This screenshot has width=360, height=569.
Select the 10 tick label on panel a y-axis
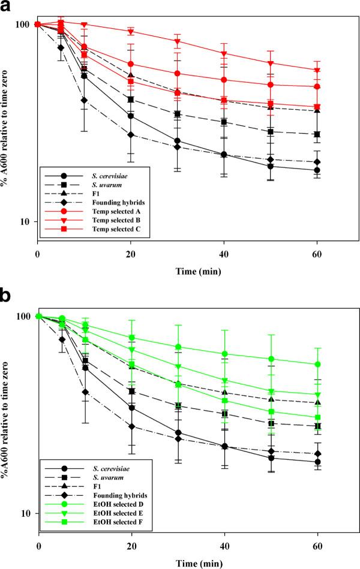[x=24, y=222]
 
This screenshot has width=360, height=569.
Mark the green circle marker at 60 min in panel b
[x=317, y=364]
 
